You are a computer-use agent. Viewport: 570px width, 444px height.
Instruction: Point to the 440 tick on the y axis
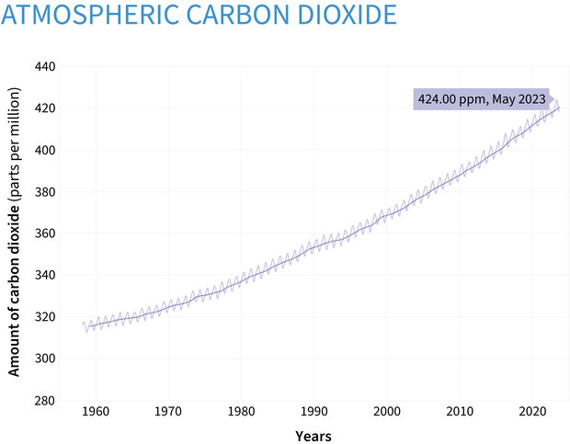click(x=46, y=67)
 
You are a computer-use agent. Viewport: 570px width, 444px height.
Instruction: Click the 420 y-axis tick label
click(x=46, y=108)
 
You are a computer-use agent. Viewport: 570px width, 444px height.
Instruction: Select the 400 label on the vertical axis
click(x=46, y=150)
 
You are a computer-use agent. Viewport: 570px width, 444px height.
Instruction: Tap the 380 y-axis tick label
click(x=46, y=192)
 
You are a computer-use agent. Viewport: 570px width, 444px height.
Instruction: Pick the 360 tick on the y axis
click(x=46, y=233)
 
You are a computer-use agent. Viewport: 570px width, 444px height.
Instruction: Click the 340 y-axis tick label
click(x=46, y=275)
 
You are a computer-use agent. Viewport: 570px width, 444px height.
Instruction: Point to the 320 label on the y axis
click(x=46, y=317)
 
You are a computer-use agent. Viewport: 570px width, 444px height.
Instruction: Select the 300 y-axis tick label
click(x=46, y=359)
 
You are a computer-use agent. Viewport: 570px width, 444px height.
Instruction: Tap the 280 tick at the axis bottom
click(x=46, y=400)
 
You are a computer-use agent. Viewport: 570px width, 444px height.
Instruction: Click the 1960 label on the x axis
click(x=95, y=412)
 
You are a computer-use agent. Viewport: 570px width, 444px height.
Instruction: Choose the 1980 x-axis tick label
click(x=241, y=412)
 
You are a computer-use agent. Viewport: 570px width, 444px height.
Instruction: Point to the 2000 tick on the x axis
click(x=387, y=412)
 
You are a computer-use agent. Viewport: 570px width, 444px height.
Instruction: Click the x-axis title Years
click(x=313, y=435)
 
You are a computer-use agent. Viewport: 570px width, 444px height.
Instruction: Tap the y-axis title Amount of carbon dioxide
click(x=15, y=232)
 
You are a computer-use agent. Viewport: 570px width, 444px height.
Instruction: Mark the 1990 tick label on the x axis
click(x=314, y=412)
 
